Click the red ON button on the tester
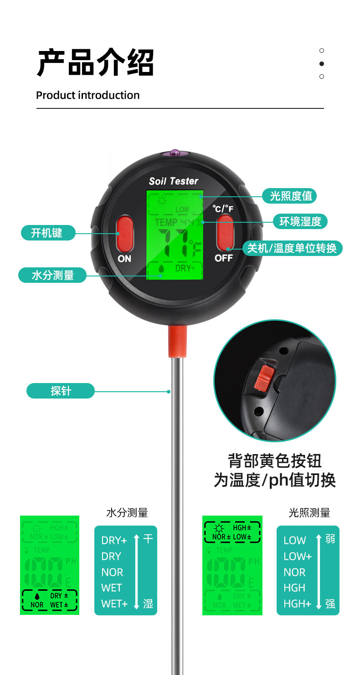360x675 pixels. tap(124, 233)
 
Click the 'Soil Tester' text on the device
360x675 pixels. tap(174, 181)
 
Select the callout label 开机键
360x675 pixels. tap(47, 233)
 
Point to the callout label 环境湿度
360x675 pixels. tap(300, 222)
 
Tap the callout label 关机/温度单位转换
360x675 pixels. tap(292, 248)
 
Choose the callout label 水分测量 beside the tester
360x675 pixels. tap(52, 275)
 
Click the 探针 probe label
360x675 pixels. tap(61, 391)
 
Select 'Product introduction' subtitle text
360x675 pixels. tap(87, 95)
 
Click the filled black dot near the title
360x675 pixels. tap(322, 64)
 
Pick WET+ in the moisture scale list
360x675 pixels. tap(114, 603)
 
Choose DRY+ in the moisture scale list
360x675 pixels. tap(114, 541)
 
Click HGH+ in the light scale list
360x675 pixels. tap(297, 603)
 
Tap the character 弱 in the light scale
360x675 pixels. tap(330, 539)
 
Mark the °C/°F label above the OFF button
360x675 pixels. tap(223, 209)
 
